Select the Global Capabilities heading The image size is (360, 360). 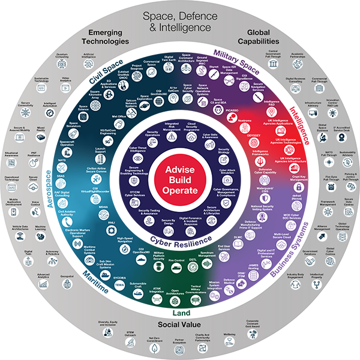point(259,37)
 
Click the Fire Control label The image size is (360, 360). point(175,260)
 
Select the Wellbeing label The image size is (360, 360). point(229,334)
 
